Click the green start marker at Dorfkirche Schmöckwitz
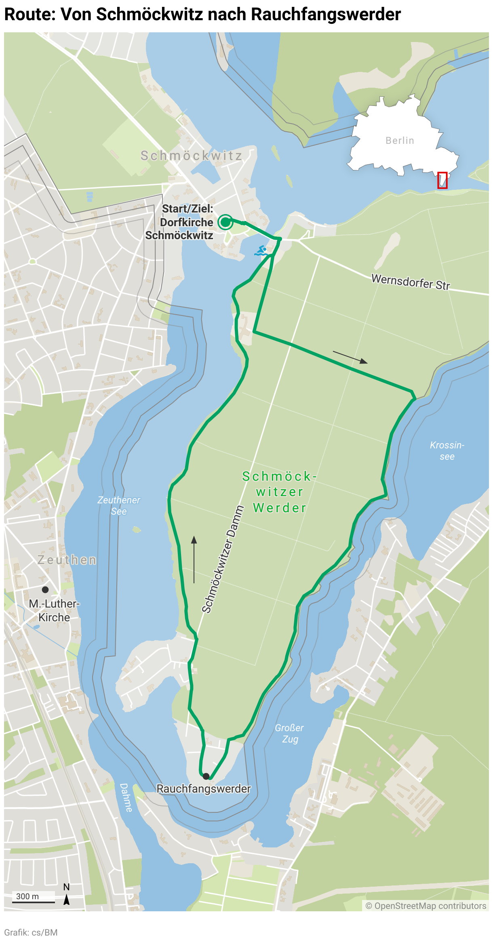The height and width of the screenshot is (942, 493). tap(225, 222)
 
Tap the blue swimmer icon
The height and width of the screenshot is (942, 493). tap(261, 251)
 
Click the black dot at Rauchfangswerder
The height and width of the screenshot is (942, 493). tap(206, 776)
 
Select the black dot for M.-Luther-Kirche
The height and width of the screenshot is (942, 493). tap(45, 589)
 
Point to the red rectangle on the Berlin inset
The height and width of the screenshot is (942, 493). tap(442, 180)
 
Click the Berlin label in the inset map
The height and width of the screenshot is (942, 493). tap(400, 141)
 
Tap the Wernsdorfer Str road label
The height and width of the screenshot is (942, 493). tap(410, 282)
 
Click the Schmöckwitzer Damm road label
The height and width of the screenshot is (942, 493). tap(223, 559)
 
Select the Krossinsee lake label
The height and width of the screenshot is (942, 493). tap(447, 451)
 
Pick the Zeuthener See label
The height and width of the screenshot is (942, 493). tap(119, 505)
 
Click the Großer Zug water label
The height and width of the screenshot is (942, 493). tap(289, 733)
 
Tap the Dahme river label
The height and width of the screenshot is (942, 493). tap(126, 797)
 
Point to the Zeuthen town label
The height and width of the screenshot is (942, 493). tap(67, 560)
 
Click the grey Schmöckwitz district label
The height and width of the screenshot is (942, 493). tap(191, 156)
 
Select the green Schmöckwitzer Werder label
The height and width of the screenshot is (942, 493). tap(279, 492)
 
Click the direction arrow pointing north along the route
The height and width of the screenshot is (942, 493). tap(194, 559)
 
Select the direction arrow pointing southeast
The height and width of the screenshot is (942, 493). tap(350, 357)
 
